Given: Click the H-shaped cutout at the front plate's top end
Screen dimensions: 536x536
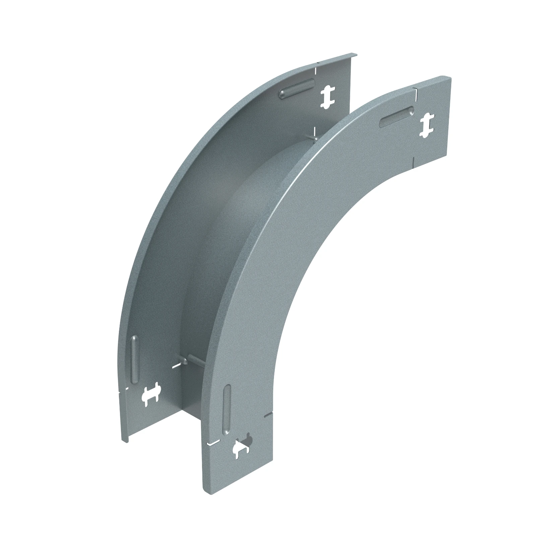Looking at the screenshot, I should [x=426, y=126].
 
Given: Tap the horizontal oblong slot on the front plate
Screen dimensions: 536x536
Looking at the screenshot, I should [x=397, y=117].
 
